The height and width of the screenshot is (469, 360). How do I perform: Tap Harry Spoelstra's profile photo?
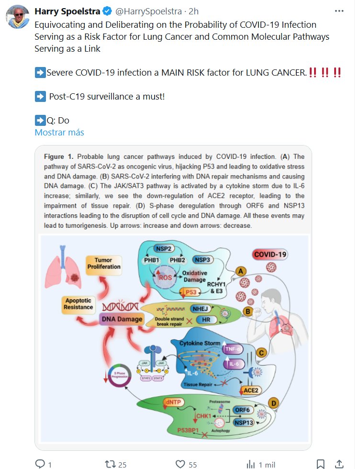pyautogui.click(x=17, y=17)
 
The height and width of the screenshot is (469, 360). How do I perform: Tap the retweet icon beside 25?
pyautogui.click(x=110, y=464)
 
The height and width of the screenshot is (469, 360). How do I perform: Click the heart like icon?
pyautogui.click(x=180, y=464)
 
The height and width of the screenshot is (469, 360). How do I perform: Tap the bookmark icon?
pyautogui.click(x=320, y=464)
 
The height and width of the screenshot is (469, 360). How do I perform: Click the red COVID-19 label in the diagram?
pyautogui.click(x=270, y=255)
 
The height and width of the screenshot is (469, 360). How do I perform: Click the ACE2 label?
pyautogui.click(x=251, y=391)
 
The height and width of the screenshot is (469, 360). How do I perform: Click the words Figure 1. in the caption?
pyautogui.click(x=58, y=156)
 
